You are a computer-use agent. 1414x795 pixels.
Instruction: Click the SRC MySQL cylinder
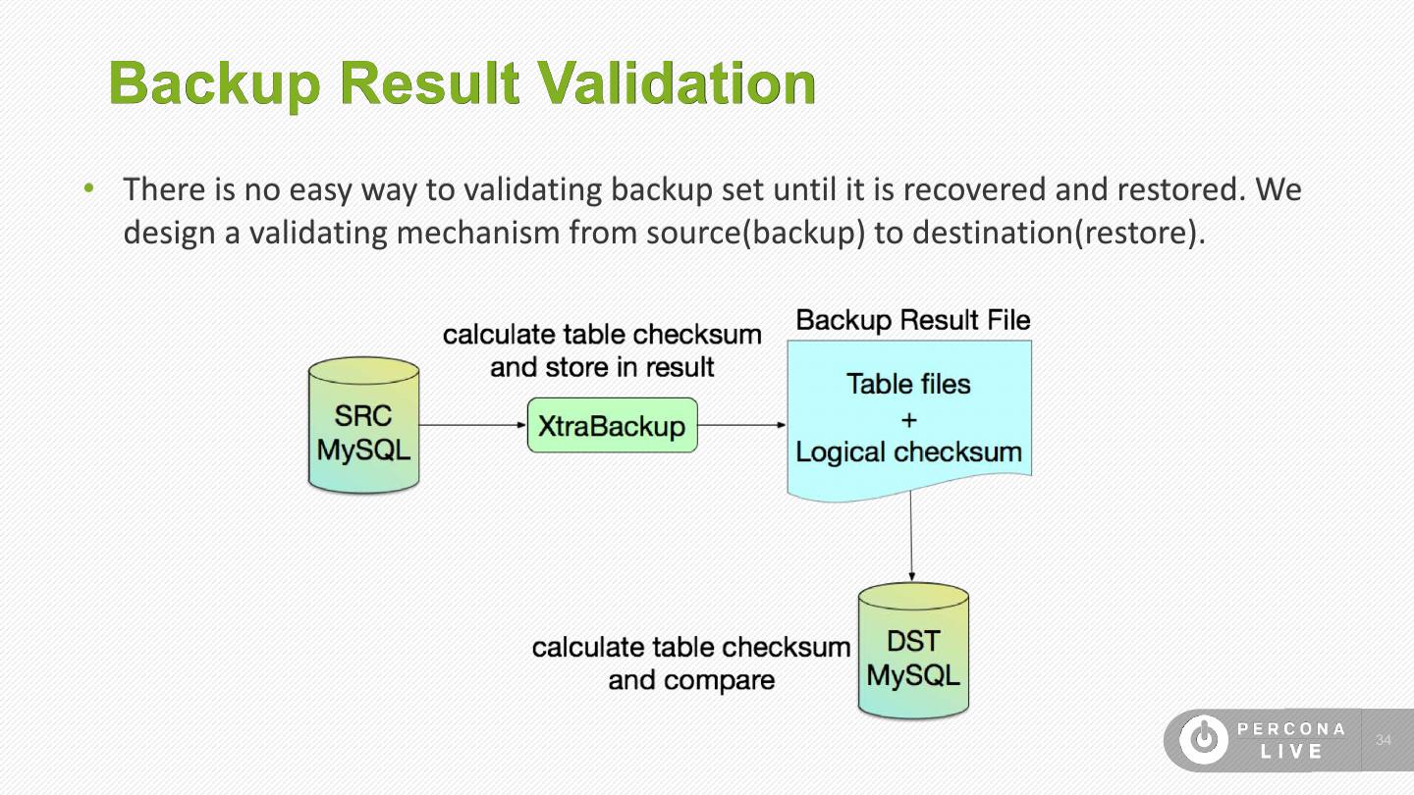click(363, 426)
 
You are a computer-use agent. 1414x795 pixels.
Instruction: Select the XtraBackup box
click(612, 426)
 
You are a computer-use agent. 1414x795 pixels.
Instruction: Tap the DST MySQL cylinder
click(913, 652)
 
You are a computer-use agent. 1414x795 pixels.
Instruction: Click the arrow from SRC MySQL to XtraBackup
click(472, 425)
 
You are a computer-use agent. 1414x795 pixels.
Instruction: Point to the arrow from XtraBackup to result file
click(741, 425)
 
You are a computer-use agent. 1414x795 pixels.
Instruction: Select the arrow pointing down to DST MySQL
click(911, 535)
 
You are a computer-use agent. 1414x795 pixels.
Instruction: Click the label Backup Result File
click(912, 320)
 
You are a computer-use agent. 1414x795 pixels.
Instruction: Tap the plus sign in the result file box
click(908, 419)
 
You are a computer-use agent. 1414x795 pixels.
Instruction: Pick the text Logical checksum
click(908, 452)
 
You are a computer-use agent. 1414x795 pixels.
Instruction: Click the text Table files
click(908, 384)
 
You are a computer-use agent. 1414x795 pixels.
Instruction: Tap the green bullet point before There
click(89, 187)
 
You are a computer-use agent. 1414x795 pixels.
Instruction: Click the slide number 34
click(1385, 740)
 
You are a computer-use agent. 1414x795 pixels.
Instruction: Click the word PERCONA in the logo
click(1291, 729)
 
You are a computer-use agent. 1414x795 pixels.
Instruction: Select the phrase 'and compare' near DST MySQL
click(691, 680)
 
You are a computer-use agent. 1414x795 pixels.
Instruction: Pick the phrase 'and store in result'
click(602, 368)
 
